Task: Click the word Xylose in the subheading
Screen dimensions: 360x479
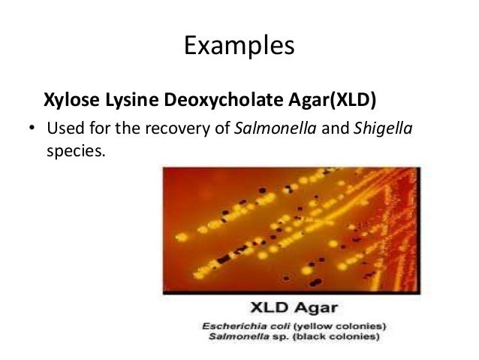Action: click(67, 99)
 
